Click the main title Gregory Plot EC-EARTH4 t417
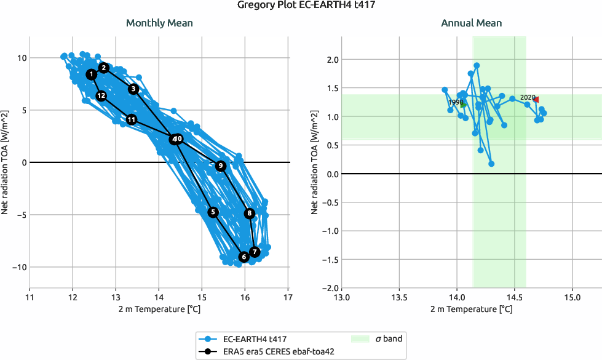click(x=301, y=6)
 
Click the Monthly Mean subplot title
click(x=159, y=23)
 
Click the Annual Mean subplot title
click(x=471, y=23)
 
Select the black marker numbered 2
click(x=104, y=68)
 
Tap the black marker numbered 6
click(x=244, y=257)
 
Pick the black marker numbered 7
click(x=255, y=252)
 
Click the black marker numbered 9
click(x=220, y=166)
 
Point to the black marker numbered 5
click(x=213, y=212)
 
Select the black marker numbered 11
click(x=131, y=119)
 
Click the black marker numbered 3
click(x=133, y=89)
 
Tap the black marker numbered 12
click(x=101, y=96)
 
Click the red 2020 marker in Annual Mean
click(x=536, y=99)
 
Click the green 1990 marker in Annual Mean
click(x=462, y=105)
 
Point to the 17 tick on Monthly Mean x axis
click(x=288, y=298)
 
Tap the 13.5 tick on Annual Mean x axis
click(x=399, y=298)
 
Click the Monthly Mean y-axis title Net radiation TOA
click(x=6, y=162)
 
